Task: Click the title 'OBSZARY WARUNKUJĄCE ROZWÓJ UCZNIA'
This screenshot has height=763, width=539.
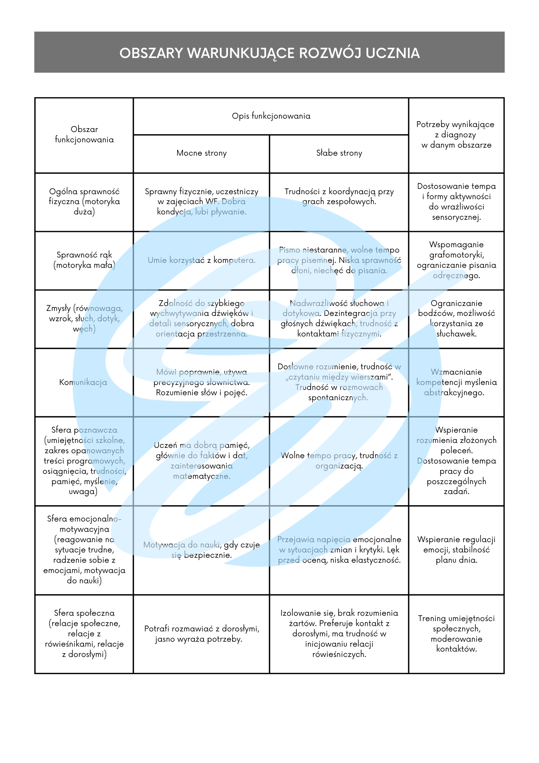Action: click(x=269, y=53)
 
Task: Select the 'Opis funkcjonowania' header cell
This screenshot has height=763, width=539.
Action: click(x=271, y=116)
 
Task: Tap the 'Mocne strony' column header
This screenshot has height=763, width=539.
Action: click(x=201, y=153)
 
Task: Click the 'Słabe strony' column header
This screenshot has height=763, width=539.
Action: click(x=339, y=153)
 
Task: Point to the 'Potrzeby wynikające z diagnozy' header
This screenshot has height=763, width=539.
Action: click(x=456, y=135)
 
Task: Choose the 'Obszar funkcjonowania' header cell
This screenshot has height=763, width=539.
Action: click(x=84, y=135)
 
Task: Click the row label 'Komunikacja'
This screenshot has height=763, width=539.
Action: click(x=83, y=382)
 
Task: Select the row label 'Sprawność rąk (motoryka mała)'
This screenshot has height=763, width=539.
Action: click(x=84, y=260)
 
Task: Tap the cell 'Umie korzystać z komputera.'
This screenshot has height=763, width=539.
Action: click(x=201, y=260)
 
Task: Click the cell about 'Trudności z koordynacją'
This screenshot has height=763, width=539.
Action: click(x=339, y=196)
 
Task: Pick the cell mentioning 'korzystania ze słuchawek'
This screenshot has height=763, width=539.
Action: click(x=456, y=319)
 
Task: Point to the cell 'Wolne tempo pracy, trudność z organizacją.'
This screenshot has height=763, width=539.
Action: click(x=339, y=460)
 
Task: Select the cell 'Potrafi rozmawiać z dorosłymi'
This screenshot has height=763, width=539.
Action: click(x=201, y=634)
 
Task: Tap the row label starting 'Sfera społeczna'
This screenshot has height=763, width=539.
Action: click(x=84, y=634)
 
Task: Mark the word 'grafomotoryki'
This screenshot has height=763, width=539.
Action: click(x=456, y=255)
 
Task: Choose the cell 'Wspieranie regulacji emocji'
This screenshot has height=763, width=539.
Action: click(x=456, y=550)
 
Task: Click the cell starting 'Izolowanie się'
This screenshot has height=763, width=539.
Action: click(x=339, y=634)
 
